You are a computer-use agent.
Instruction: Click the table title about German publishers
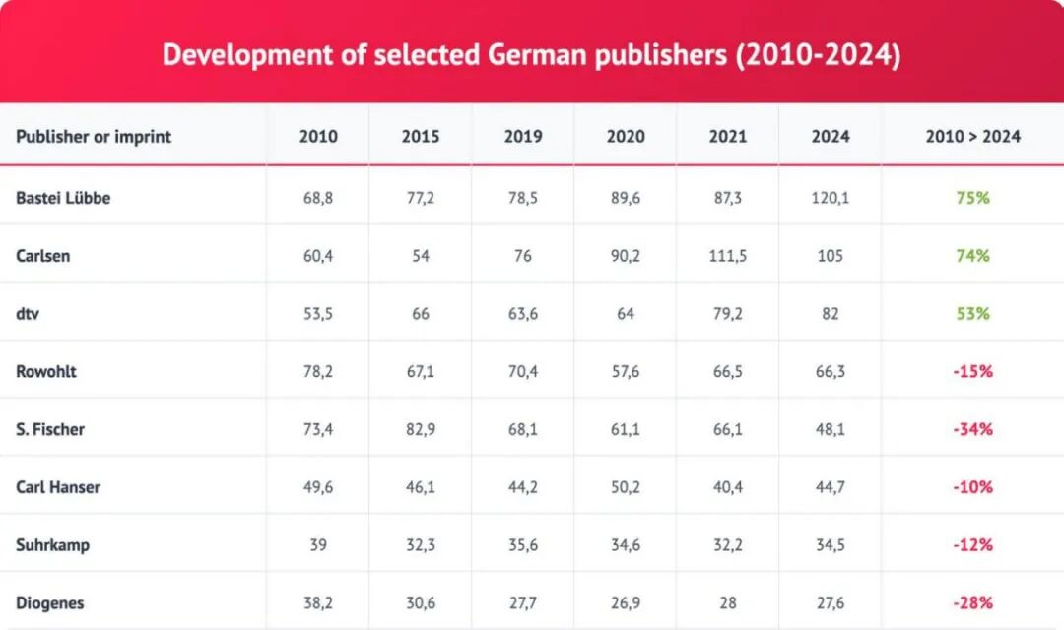pos(531,54)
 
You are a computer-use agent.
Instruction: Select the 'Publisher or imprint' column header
pos(94,137)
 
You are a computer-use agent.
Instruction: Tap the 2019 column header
pos(523,137)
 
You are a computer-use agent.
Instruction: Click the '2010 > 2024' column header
pos(972,137)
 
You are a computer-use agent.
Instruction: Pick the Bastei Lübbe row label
pos(63,198)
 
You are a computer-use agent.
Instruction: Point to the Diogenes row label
pos(50,602)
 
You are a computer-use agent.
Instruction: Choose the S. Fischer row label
pos(50,429)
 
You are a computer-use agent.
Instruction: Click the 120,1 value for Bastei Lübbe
pos(831,198)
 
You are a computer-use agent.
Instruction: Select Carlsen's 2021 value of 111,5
pos(728,256)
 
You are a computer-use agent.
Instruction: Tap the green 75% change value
pos(972,198)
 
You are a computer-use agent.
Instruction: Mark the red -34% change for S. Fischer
pos(972,429)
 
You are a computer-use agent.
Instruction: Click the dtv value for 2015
pos(421,314)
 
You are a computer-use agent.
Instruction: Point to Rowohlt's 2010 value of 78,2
pos(318,372)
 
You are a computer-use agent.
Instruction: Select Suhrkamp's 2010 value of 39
pos(318,544)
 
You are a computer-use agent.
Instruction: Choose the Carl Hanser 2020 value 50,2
pos(626,487)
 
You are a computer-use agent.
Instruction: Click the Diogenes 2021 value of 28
pos(728,602)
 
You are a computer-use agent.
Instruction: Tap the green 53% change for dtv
pos(972,314)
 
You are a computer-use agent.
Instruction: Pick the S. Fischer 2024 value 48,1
pos(831,429)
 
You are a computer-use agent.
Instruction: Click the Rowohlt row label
pos(46,372)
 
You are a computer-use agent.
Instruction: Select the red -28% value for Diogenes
pos(972,602)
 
